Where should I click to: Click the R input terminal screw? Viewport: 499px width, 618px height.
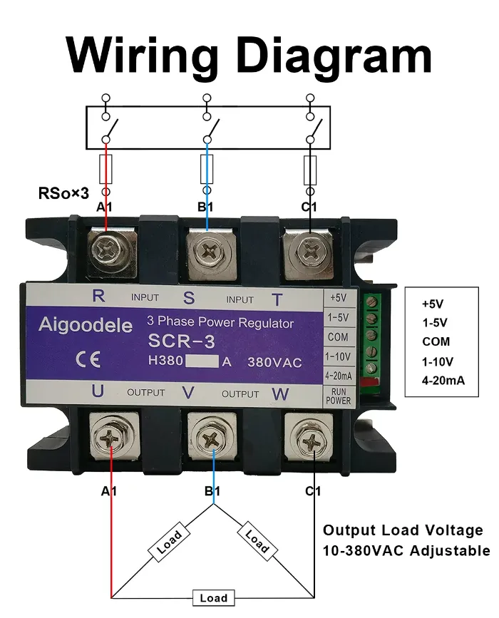(x=108, y=250)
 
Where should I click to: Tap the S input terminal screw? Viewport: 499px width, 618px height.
(x=209, y=252)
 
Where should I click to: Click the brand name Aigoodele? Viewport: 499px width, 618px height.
(x=85, y=326)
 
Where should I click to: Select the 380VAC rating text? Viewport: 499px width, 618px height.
(x=274, y=362)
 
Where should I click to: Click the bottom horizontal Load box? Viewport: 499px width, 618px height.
(x=213, y=598)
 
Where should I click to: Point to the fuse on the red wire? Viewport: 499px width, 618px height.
(x=107, y=168)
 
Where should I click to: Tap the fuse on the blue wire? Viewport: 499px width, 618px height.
(x=207, y=169)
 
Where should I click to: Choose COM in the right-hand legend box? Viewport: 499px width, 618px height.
(x=436, y=341)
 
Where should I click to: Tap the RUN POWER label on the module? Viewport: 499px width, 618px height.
(x=339, y=396)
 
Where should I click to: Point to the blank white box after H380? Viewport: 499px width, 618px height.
(x=202, y=361)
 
